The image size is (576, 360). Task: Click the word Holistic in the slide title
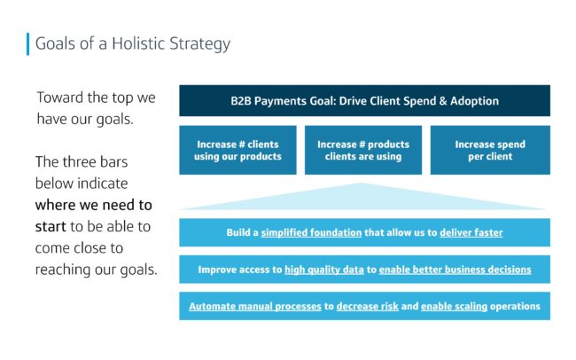[138, 43]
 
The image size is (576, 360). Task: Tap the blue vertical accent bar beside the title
[28, 44]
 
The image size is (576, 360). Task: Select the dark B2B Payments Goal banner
[364, 101]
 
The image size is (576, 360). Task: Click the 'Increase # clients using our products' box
[237, 150]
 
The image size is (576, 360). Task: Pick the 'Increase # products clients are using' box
[363, 150]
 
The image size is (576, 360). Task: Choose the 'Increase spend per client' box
[490, 150]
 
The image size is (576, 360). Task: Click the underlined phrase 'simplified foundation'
[312, 233]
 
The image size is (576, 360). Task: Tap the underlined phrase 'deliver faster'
[471, 233]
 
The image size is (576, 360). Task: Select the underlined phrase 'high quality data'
[324, 270]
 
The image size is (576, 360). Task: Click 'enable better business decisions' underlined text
[455, 270]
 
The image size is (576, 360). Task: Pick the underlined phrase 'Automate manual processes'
[255, 306]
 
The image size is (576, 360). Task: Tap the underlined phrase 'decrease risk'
[368, 306]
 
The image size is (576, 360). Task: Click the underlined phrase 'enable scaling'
[454, 306]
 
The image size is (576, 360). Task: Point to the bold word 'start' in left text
[51, 226]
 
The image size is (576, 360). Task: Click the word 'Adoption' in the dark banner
[475, 101]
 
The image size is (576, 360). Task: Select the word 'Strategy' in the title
[200, 44]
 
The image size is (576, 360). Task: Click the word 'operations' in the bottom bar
[515, 306]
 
